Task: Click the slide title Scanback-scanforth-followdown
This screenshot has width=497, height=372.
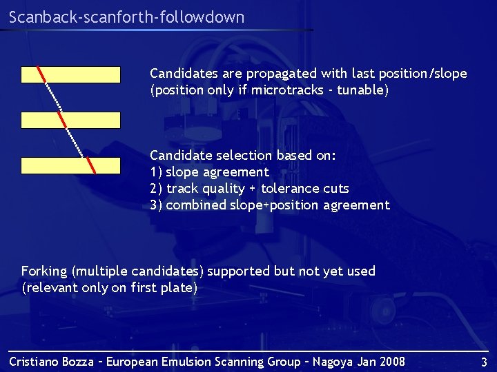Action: [x=127, y=17]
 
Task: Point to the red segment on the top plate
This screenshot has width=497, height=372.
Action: [x=41, y=74]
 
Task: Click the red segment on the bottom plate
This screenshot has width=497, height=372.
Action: [x=90, y=166]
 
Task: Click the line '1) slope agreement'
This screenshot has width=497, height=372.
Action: [x=209, y=172]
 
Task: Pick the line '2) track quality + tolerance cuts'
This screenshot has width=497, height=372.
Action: [x=249, y=189]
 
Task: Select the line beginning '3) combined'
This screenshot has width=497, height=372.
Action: [x=269, y=205]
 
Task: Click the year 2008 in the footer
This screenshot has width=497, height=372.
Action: [x=391, y=362]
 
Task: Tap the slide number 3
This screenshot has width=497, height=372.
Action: [x=484, y=362]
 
